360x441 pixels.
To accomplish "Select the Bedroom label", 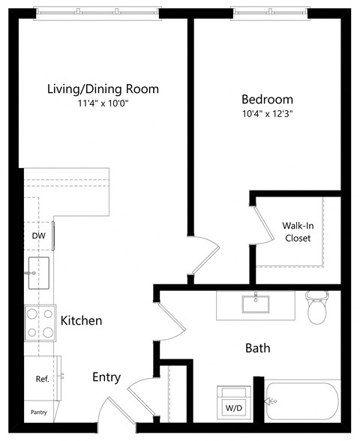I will click(267, 99).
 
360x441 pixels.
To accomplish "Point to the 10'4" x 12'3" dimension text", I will click(267, 115).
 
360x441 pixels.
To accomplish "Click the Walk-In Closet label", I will click(297, 232).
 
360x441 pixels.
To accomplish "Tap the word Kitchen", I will click(81, 320).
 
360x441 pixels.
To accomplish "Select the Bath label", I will click(258, 348).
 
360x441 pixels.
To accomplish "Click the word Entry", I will click(106, 377).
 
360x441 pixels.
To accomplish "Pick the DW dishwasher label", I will click(38, 235).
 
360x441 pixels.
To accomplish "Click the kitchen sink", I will click(38, 272).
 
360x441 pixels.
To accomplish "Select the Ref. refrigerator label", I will click(42, 379).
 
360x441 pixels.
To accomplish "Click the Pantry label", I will click(39, 412).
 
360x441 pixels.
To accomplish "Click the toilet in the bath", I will click(318, 307).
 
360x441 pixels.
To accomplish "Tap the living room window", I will click(97, 12).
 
